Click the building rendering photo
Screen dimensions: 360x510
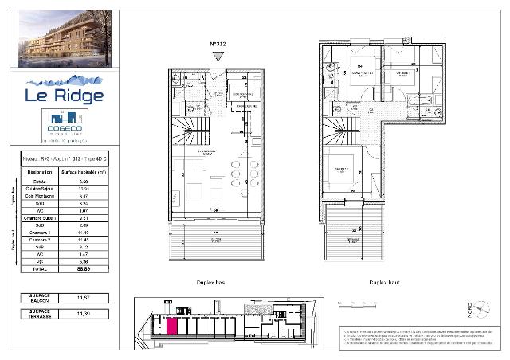coord(69,41)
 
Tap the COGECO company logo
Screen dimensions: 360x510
coord(65,127)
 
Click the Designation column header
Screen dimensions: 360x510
coord(39,172)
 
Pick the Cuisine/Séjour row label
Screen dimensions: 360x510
coord(39,188)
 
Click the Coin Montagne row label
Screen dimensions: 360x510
coord(39,195)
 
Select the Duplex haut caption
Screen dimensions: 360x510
coord(384,282)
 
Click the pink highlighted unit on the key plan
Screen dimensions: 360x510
coord(171,324)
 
